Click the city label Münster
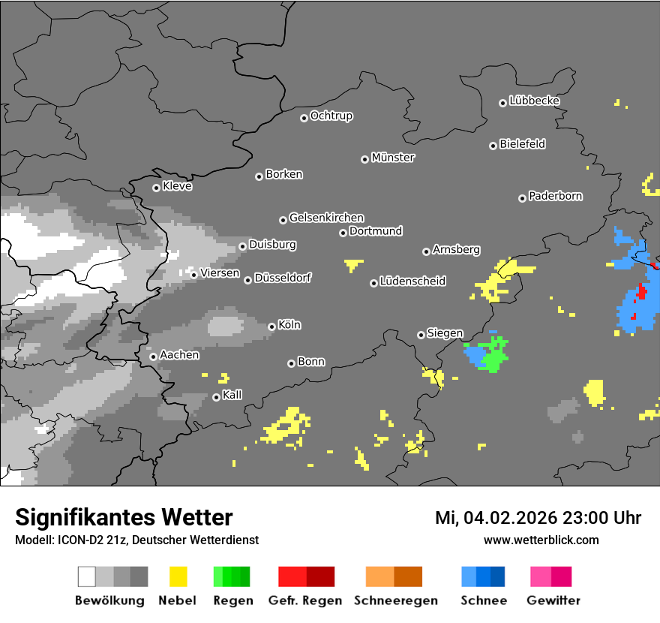[x=392, y=158]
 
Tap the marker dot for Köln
[x=271, y=327]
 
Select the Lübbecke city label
[x=534, y=101]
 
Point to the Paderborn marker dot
[x=522, y=198]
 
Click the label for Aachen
[x=179, y=355]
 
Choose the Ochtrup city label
[x=331, y=116]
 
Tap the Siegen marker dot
[x=421, y=335]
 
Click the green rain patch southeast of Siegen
[x=494, y=356]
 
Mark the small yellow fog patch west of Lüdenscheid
[x=352, y=264]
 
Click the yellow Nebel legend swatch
[x=178, y=576]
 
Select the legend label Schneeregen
[x=396, y=600]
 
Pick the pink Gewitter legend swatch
[x=540, y=576]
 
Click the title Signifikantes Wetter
[x=124, y=517]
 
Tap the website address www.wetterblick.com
[x=541, y=540]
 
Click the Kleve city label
[x=177, y=186]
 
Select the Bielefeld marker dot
[x=493, y=146]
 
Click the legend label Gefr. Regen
[x=304, y=600]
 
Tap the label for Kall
[x=232, y=395]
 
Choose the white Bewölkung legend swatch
[x=87, y=576]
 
